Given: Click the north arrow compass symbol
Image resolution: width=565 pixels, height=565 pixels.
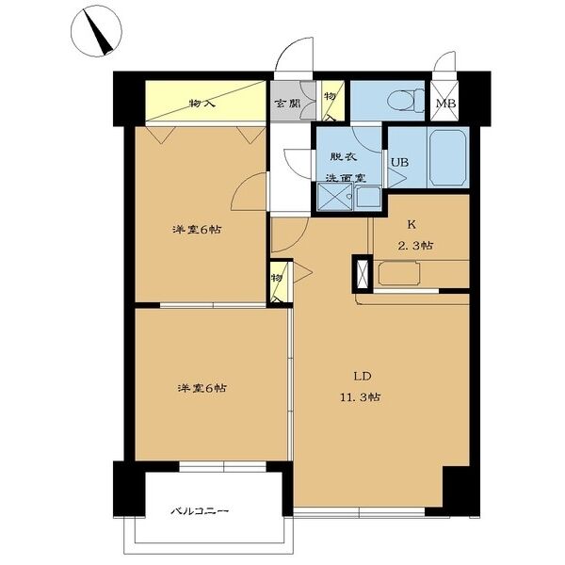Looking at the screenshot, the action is pos(96,31).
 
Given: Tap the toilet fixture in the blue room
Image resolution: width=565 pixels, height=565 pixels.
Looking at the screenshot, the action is pos(407,100).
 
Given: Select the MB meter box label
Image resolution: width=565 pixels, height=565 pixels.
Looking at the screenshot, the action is pos(445,104).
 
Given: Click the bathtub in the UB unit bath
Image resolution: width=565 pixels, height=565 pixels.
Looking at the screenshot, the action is pos(448,158).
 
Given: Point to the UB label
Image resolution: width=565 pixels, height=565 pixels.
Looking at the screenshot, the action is pos(399,163).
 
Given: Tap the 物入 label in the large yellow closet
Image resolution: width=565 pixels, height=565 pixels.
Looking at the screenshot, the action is pos(202,104).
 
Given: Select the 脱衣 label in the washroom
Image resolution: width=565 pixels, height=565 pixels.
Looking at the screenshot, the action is pos(344,156).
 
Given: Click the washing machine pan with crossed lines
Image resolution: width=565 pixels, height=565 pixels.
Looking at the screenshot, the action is pos(334,197).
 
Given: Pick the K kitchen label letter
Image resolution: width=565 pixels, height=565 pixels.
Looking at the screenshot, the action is pos(412,225).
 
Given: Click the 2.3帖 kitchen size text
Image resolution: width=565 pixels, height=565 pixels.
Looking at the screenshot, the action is pos(415,246).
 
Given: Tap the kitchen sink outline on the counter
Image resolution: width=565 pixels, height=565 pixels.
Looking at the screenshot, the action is pos(399,274).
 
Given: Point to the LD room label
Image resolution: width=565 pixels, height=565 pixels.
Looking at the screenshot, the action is pos(363,377).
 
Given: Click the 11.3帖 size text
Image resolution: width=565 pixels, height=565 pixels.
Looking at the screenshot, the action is pos(361,397).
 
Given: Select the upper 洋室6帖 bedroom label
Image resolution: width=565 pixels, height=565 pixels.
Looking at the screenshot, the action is pos(197,230).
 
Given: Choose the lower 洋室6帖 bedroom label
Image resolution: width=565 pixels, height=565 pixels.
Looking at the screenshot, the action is pos(202,388).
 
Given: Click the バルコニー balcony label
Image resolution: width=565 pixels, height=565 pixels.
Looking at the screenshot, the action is pos(200,511).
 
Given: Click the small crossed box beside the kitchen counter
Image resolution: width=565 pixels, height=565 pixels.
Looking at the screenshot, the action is pos(363,273).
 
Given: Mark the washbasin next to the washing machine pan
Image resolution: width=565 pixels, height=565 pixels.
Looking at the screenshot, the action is pos(367,197).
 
